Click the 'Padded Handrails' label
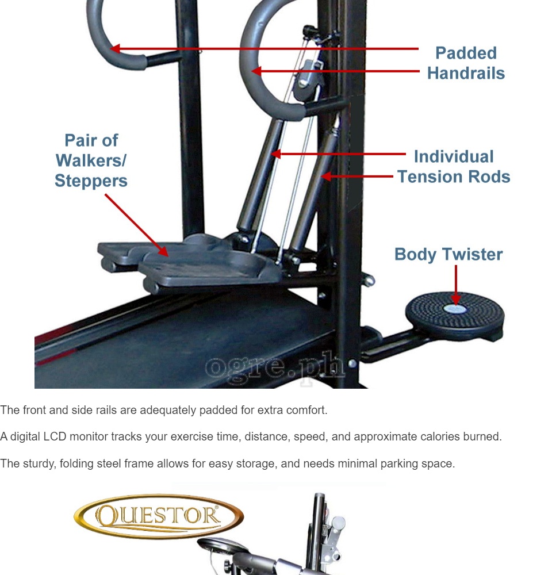pos(466,63)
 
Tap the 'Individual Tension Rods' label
pos(454,167)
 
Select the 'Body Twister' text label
pos(448,255)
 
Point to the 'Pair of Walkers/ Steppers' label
pos(91,160)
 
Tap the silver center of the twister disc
pos(455,309)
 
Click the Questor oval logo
pos(159,516)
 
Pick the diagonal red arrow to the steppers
pos(136,225)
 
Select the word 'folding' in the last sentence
pos(76,463)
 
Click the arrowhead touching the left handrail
pos(115,48)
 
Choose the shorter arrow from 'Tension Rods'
pos(357,177)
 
